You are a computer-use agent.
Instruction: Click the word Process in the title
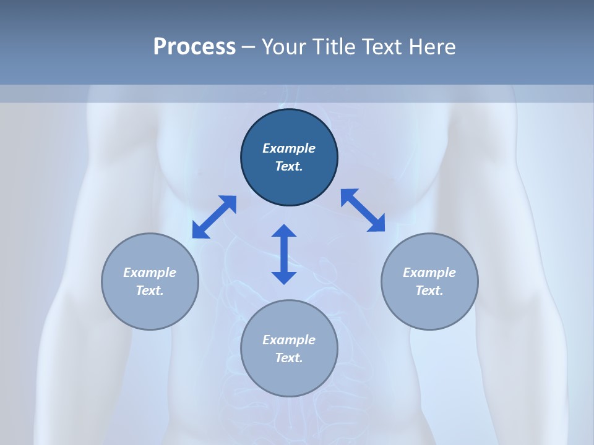[194, 47]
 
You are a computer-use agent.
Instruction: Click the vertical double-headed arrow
[284, 254]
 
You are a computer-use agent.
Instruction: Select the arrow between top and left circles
[214, 217]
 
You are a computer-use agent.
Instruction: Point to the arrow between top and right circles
[363, 210]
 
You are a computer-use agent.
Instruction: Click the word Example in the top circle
[289, 148]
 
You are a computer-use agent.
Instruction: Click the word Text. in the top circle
[289, 166]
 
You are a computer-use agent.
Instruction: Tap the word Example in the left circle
[150, 273]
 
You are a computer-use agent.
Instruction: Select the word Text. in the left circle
[150, 290]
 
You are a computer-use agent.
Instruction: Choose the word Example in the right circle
[429, 273]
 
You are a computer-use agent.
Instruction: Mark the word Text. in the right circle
[429, 290]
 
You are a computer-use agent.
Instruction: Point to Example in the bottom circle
[289, 340]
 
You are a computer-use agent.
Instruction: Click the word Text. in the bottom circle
[289, 358]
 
